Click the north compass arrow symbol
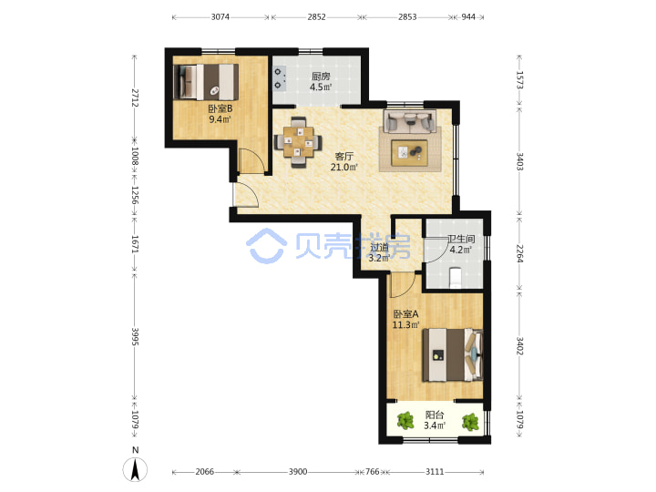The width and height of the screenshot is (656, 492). pos(135,469)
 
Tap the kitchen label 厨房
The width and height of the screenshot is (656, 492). pos(321,77)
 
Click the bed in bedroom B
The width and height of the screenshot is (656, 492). pos(206,82)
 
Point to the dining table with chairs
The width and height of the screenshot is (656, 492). pos(298,142)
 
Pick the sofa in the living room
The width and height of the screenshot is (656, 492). pos(410,121)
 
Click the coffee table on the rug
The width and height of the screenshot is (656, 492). pos(409,153)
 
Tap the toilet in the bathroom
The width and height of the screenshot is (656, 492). pos(456,278)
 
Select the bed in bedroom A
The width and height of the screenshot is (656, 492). pos(453,354)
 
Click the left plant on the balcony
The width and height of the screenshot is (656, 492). pos(405,421)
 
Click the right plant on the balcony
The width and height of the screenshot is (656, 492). pos(470,422)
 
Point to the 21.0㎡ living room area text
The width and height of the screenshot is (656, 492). pos(343,168)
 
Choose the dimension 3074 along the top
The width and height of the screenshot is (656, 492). pos(220,16)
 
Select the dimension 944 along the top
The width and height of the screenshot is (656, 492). pos(468,16)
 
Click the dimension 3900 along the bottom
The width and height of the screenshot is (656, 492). pos(298,472)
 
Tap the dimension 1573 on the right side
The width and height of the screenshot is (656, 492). pos(519,80)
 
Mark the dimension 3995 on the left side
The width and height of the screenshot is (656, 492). pos(135,336)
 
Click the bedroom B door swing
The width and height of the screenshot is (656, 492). pos(251,160)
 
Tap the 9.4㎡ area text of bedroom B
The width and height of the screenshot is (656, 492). pos(220,119)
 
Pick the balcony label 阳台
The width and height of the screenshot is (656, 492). pos(435,415)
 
